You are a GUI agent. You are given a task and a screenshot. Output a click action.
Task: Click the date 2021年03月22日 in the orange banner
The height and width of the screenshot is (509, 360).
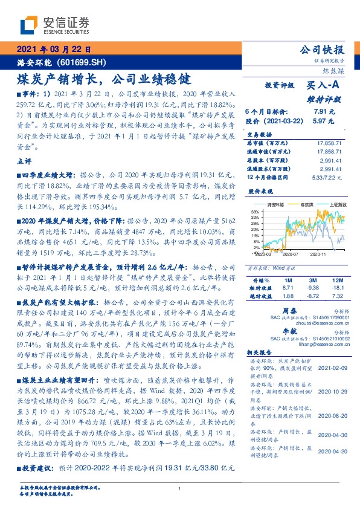[x=54, y=50]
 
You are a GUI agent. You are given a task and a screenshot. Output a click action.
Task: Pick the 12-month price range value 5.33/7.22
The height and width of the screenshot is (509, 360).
[x=327, y=177]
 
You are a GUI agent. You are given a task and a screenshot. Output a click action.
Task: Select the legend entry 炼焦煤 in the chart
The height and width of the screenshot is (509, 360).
[x=300, y=206]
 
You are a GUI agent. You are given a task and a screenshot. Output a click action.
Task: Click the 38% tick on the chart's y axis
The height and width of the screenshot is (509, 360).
[x=255, y=212]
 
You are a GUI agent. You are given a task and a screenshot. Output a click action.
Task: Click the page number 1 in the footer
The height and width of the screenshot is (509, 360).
[x=180, y=489]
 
